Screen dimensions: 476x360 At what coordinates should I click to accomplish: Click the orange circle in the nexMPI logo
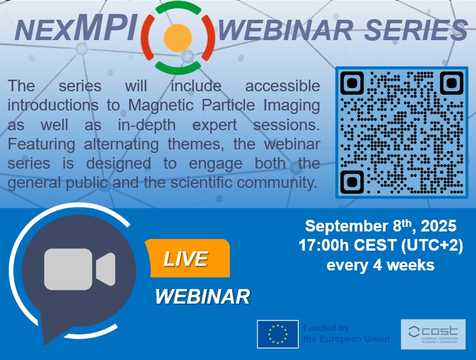point(178,38)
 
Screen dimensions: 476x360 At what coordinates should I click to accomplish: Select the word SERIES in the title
point(416,30)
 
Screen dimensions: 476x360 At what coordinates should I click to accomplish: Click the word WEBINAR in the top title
point(285,30)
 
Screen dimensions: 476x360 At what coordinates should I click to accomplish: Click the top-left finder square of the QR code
point(352,83)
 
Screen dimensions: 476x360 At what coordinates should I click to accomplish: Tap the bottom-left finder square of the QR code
point(352,181)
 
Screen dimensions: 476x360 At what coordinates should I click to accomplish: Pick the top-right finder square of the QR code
point(452,83)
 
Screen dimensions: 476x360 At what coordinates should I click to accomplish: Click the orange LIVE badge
point(187,258)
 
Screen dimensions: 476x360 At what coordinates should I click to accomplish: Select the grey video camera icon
point(80,269)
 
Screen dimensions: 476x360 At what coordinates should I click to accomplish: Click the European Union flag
point(278,334)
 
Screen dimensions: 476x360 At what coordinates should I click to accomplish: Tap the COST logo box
point(433,334)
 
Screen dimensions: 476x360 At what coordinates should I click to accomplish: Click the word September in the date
point(346,227)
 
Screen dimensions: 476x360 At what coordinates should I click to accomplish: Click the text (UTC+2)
point(432,245)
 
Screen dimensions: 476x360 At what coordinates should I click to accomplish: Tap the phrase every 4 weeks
point(381,265)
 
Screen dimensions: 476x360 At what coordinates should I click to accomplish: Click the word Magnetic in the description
point(161,106)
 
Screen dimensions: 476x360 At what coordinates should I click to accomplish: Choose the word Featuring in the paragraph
point(41,145)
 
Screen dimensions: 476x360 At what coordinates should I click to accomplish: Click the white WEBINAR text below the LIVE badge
point(203,296)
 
